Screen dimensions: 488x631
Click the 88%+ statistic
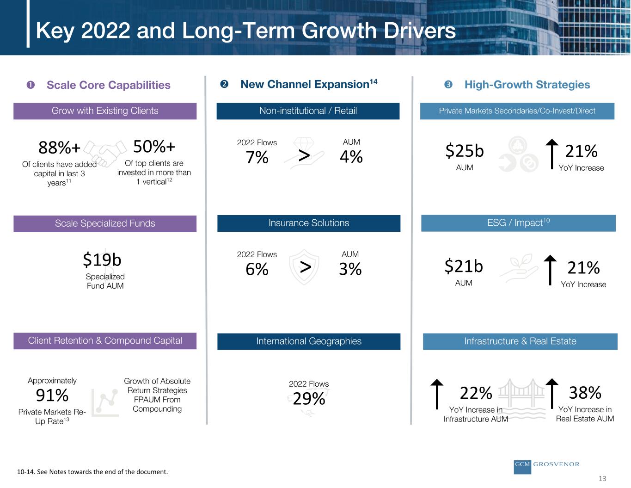59,148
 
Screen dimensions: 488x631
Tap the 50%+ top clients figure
154,147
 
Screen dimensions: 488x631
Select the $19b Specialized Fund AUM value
102,260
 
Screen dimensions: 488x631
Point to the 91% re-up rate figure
52,396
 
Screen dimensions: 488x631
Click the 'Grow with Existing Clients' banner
105,111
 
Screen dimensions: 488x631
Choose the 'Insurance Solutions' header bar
309,223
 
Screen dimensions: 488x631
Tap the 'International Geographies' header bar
309,341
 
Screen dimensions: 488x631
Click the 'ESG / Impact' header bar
518,223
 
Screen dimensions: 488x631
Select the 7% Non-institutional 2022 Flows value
257,158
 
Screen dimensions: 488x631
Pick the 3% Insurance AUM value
350,269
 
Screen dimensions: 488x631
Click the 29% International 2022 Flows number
309,399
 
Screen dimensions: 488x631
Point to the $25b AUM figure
465,151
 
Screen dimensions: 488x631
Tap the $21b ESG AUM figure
464,267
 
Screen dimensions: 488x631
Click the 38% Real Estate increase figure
585,393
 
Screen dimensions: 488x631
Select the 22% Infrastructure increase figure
476,393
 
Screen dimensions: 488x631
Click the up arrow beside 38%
552,394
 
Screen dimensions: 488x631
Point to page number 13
602,479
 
